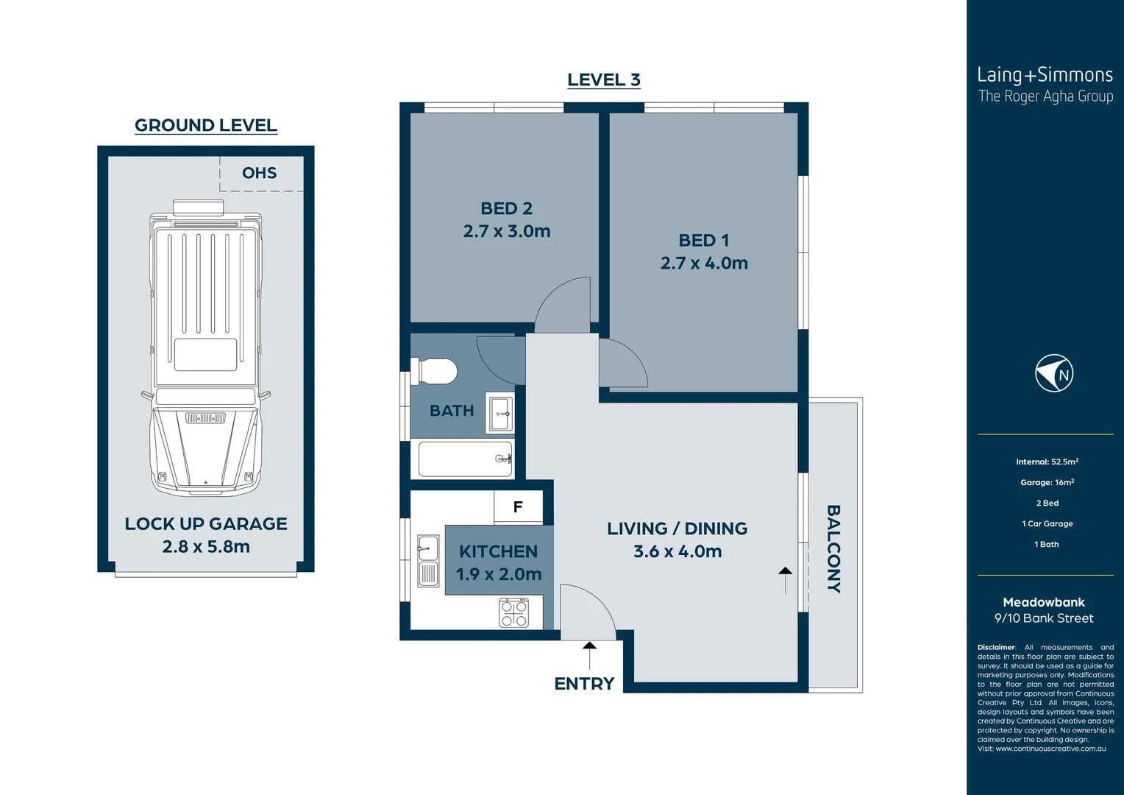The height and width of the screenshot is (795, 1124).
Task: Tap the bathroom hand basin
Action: pyautogui.click(x=500, y=414)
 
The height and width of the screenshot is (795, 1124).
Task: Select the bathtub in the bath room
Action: pyautogui.click(x=465, y=459)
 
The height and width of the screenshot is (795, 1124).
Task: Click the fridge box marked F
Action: pyautogui.click(x=518, y=506)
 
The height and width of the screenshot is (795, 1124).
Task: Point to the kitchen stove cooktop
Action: pyautogui.click(x=513, y=612)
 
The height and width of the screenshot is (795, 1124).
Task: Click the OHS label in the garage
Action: pyautogui.click(x=259, y=173)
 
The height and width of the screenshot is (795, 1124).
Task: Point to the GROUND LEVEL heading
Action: pyautogui.click(x=206, y=125)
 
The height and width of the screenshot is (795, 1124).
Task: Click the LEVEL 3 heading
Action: pyautogui.click(x=603, y=79)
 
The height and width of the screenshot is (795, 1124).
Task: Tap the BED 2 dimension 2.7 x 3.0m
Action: pyautogui.click(x=507, y=231)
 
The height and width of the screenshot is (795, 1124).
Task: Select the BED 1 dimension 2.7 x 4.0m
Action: pyautogui.click(x=704, y=263)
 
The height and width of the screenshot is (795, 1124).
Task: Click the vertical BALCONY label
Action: pyautogui.click(x=833, y=548)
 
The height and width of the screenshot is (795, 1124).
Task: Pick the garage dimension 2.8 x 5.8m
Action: pyautogui.click(x=206, y=546)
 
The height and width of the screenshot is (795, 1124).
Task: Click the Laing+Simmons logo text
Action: pyautogui.click(x=1045, y=75)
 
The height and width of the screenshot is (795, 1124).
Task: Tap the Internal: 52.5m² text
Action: pyautogui.click(x=1047, y=462)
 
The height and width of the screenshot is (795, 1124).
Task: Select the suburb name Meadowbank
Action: pyautogui.click(x=1043, y=602)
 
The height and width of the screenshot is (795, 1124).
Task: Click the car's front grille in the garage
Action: pyautogui.click(x=205, y=418)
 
